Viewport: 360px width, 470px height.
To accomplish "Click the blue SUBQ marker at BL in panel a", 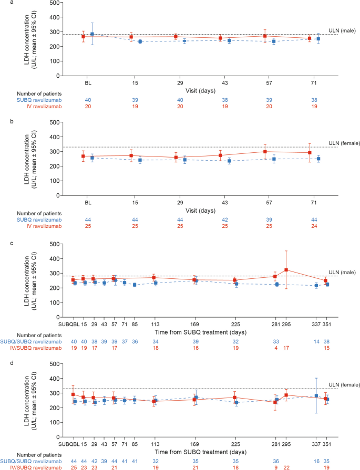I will (x=92, y=34).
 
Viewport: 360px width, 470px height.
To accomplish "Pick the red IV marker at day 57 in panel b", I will (x=265, y=151).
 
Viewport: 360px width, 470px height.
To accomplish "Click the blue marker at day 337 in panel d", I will (x=316, y=395).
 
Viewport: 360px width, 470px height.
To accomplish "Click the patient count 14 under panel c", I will (x=316, y=340).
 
